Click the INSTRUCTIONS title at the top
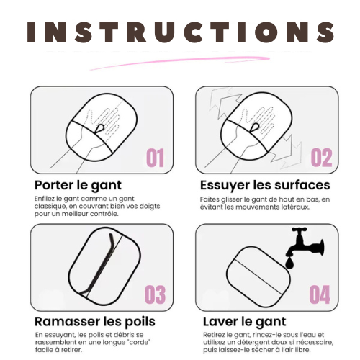(181, 32)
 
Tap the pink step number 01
(156, 158)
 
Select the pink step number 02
(322, 158)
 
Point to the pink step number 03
(155, 294)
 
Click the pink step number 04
(320, 294)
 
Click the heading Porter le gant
(78, 186)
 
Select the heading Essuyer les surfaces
(265, 185)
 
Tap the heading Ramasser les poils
(95, 322)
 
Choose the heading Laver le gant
(245, 322)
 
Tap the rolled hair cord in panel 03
(99, 264)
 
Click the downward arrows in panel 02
(286, 150)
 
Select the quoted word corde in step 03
(140, 342)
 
